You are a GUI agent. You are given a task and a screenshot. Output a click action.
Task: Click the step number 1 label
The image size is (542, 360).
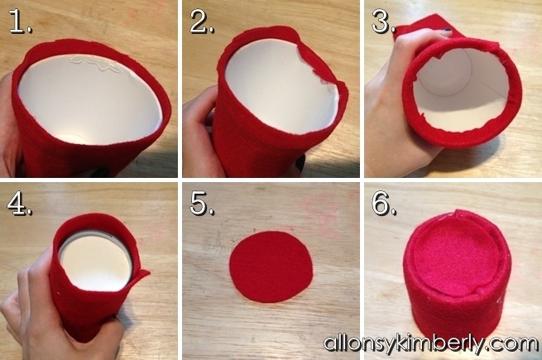pyautogui.click(x=20, y=22)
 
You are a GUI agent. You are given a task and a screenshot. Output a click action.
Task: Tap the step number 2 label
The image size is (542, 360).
pyautogui.click(x=202, y=22)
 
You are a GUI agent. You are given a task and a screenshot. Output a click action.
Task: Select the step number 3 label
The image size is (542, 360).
pyautogui.click(x=384, y=22)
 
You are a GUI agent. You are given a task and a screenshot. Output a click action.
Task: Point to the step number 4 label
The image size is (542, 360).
pyautogui.click(x=20, y=204)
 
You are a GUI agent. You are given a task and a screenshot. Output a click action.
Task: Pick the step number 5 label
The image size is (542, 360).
pyautogui.click(x=202, y=204)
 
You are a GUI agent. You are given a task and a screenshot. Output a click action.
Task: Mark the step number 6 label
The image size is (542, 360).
pyautogui.click(x=384, y=204)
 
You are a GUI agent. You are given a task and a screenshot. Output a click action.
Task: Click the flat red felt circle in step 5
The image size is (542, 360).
pyautogui.click(x=271, y=266)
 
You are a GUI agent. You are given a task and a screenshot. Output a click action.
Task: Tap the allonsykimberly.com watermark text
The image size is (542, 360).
pyautogui.click(x=430, y=343)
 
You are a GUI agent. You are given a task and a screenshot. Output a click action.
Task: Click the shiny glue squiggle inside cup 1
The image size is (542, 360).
pyautogui.click(x=96, y=65)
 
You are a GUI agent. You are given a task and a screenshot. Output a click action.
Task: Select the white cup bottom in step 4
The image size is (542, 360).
pyautogui.click(x=96, y=262)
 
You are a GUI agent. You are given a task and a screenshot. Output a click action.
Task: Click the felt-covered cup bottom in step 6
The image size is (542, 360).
pyautogui.click(x=457, y=257)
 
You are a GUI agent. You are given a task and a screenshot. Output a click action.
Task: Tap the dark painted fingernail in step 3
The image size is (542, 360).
pyautogui.click(x=447, y=33)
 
